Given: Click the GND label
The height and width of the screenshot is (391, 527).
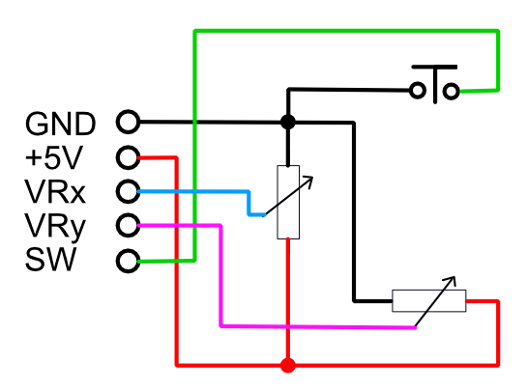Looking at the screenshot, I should [x=60, y=123].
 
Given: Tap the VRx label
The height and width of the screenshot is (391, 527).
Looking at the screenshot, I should [x=56, y=192].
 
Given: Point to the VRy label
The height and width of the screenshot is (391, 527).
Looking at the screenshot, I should [x=56, y=226].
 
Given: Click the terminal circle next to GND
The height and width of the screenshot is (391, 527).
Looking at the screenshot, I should [x=128, y=123].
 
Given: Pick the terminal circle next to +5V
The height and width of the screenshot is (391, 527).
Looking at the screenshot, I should [x=128, y=157].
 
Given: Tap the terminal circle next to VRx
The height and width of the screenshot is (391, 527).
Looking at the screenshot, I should [x=128, y=191].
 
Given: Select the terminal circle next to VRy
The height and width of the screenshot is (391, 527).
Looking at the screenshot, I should [x=128, y=226].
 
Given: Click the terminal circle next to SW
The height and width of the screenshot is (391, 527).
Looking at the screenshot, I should [x=128, y=261].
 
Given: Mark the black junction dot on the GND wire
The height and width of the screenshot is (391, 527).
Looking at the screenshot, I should [x=287, y=123].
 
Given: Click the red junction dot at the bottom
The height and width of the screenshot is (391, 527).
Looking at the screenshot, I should [x=287, y=365].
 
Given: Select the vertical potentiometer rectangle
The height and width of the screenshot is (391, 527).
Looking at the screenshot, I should [x=287, y=202].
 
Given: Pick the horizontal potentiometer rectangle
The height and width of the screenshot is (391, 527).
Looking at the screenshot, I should [x=428, y=301].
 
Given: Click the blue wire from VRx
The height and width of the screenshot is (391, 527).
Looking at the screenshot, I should [x=193, y=191].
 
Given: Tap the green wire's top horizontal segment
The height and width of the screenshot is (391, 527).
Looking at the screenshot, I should [x=348, y=31].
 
